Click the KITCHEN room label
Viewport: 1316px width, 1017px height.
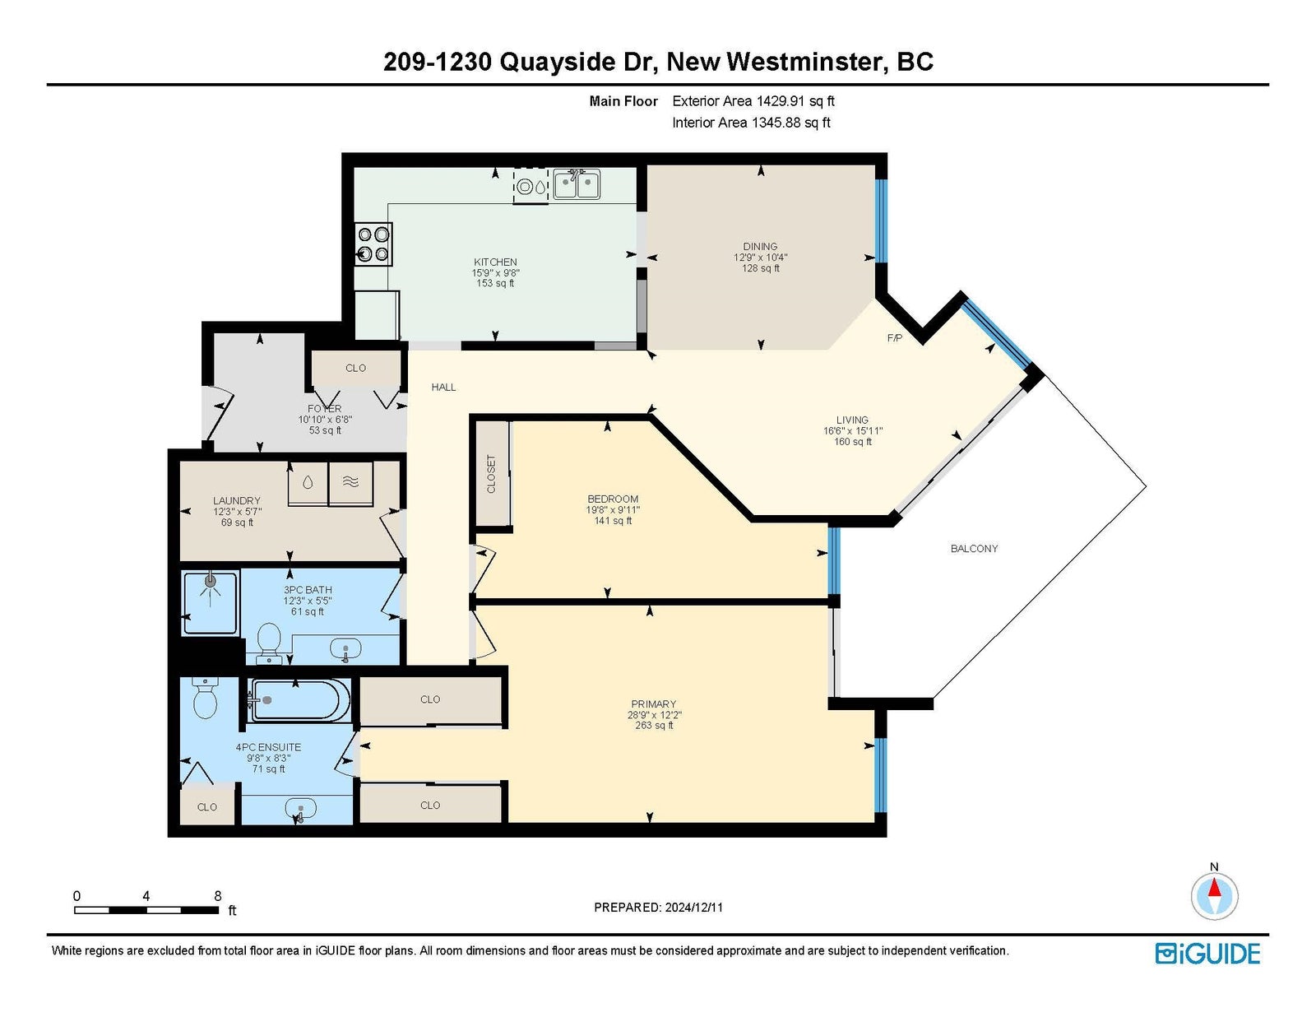click(x=495, y=262)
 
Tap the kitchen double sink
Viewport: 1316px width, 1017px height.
click(x=577, y=183)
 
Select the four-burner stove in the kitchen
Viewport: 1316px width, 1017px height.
click(x=373, y=244)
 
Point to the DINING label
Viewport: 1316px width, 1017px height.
click(x=760, y=246)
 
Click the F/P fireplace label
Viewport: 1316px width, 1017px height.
click(x=895, y=338)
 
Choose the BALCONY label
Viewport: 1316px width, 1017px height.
click(x=974, y=549)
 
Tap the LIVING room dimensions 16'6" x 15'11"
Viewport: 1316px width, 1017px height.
click(x=852, y=430)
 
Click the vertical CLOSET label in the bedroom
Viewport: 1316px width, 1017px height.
click(x=491, y=474)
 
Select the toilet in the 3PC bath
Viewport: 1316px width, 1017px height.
click(x=268, y=644)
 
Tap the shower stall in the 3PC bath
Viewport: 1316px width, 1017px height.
click(x=210, y=602)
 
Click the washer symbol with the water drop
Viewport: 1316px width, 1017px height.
click(x=308, y=483)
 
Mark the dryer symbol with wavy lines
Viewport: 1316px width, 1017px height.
click(x=350, y=483)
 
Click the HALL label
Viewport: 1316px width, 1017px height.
click(x=443, y=387)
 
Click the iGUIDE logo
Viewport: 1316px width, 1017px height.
click(x=1207, y=954)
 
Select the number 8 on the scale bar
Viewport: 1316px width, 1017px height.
click(x=218, y=896)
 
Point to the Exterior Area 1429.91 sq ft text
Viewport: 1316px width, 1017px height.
click(x=753, y=101)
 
